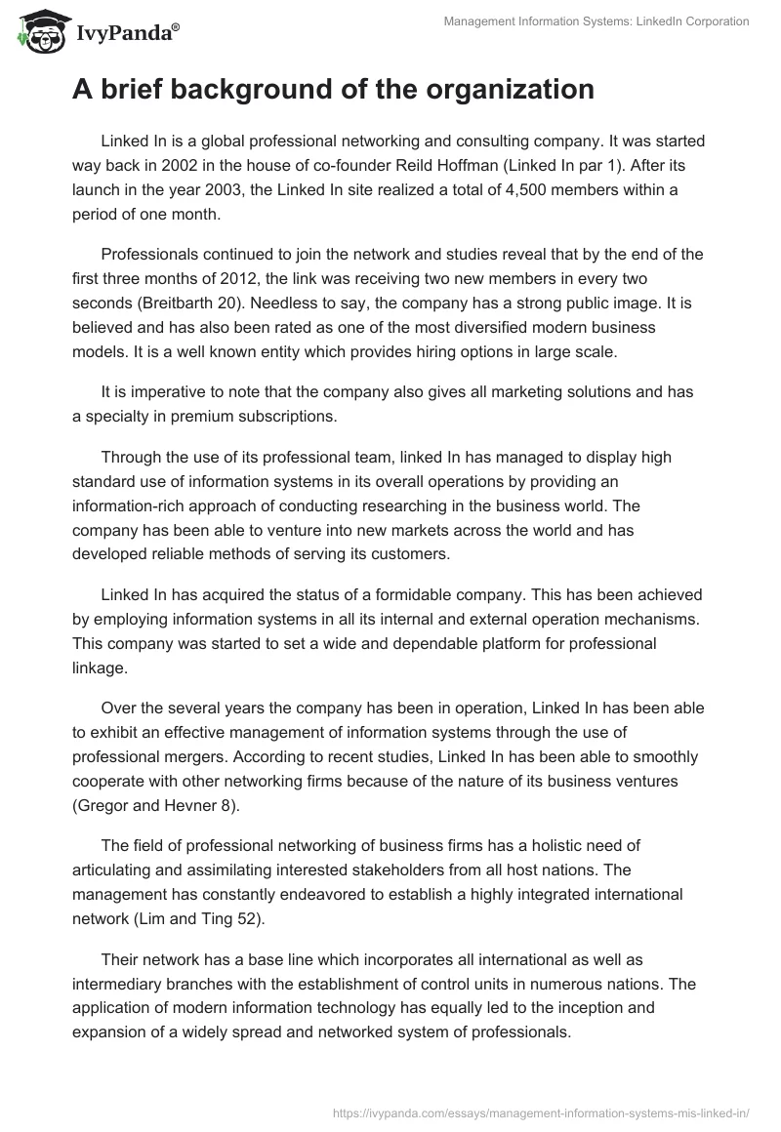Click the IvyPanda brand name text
pyautogui.click(x=124, y=33)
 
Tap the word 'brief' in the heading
pyautogui.click(x=135, y=90)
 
